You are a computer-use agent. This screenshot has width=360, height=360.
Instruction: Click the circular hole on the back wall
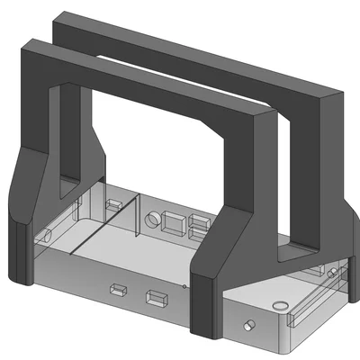tap(154, 219)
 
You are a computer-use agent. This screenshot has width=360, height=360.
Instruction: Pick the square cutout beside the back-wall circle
tap(174, 220)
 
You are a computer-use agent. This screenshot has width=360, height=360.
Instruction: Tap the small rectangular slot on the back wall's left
tap(113, 205)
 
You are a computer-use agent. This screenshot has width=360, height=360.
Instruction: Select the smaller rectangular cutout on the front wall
tap(118, 290)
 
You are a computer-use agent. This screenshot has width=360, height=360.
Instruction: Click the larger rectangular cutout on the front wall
tap(157, 298)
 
